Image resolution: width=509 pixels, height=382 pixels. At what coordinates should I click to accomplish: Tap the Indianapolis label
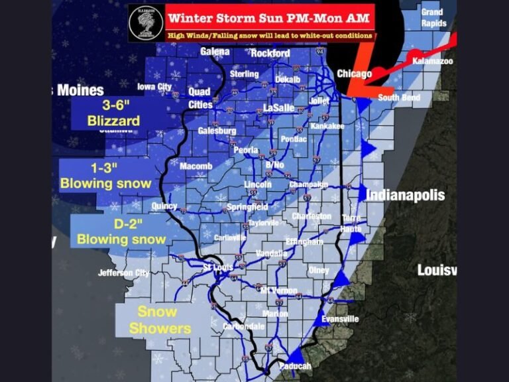[405, 196]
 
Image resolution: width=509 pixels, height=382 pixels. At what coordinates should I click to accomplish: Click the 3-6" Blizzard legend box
[113, 113]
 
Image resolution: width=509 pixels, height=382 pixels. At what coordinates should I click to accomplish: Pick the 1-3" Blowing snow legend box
[105, 175]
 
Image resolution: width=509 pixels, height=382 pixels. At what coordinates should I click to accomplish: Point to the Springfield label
[247, 206]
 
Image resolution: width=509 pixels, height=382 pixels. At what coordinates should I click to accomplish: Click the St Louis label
[217, 267]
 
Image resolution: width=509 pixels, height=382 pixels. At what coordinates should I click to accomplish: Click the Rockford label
[270, 53]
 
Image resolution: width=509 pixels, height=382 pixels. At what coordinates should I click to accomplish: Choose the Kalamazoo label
[432, 60]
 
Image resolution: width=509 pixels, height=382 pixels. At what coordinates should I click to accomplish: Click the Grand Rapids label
[432, 17]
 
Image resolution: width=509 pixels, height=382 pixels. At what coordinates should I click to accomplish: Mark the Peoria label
[245, 151]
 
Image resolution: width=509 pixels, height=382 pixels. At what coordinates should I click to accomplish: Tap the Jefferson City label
[125, 273]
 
